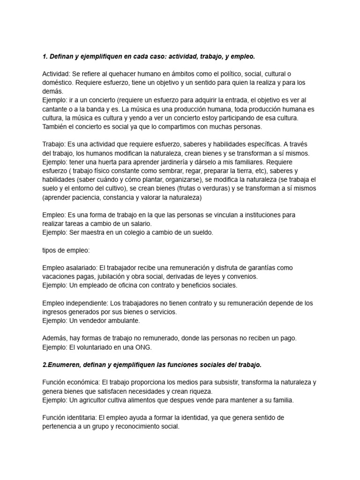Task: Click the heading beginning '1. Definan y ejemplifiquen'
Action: (x=149, y=56)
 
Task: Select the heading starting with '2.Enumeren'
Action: (x=152, y=364)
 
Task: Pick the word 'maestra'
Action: (x=94, y=232)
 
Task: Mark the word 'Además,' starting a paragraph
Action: (x=54, y=338)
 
